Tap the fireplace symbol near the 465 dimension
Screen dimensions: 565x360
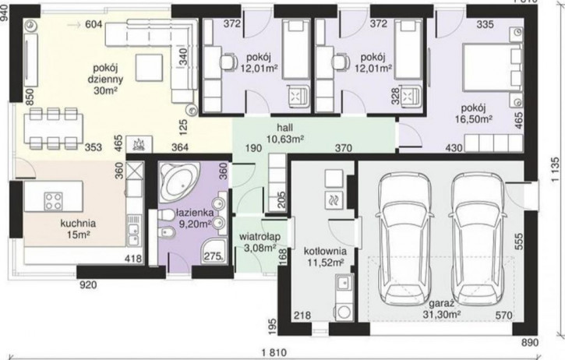click(x=139, y=144)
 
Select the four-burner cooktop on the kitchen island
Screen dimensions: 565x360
click(x=53, y=201)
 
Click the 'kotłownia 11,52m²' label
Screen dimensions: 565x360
click(x=325, y=256)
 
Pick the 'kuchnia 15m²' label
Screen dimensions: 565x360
click(x=78, y=229)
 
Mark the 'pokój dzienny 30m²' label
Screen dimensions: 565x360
click(x=105, y=79)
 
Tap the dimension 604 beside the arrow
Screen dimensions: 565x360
click(x=94, y=24)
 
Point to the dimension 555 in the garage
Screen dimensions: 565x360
click(x=518, y=241)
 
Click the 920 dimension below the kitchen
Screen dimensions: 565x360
click(x=88, y=285)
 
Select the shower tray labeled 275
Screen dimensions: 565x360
click(x=214, y=250)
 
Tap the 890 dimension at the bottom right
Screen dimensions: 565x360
click(x=530, y=342)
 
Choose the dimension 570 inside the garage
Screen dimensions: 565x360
click(x=503, y=316)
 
